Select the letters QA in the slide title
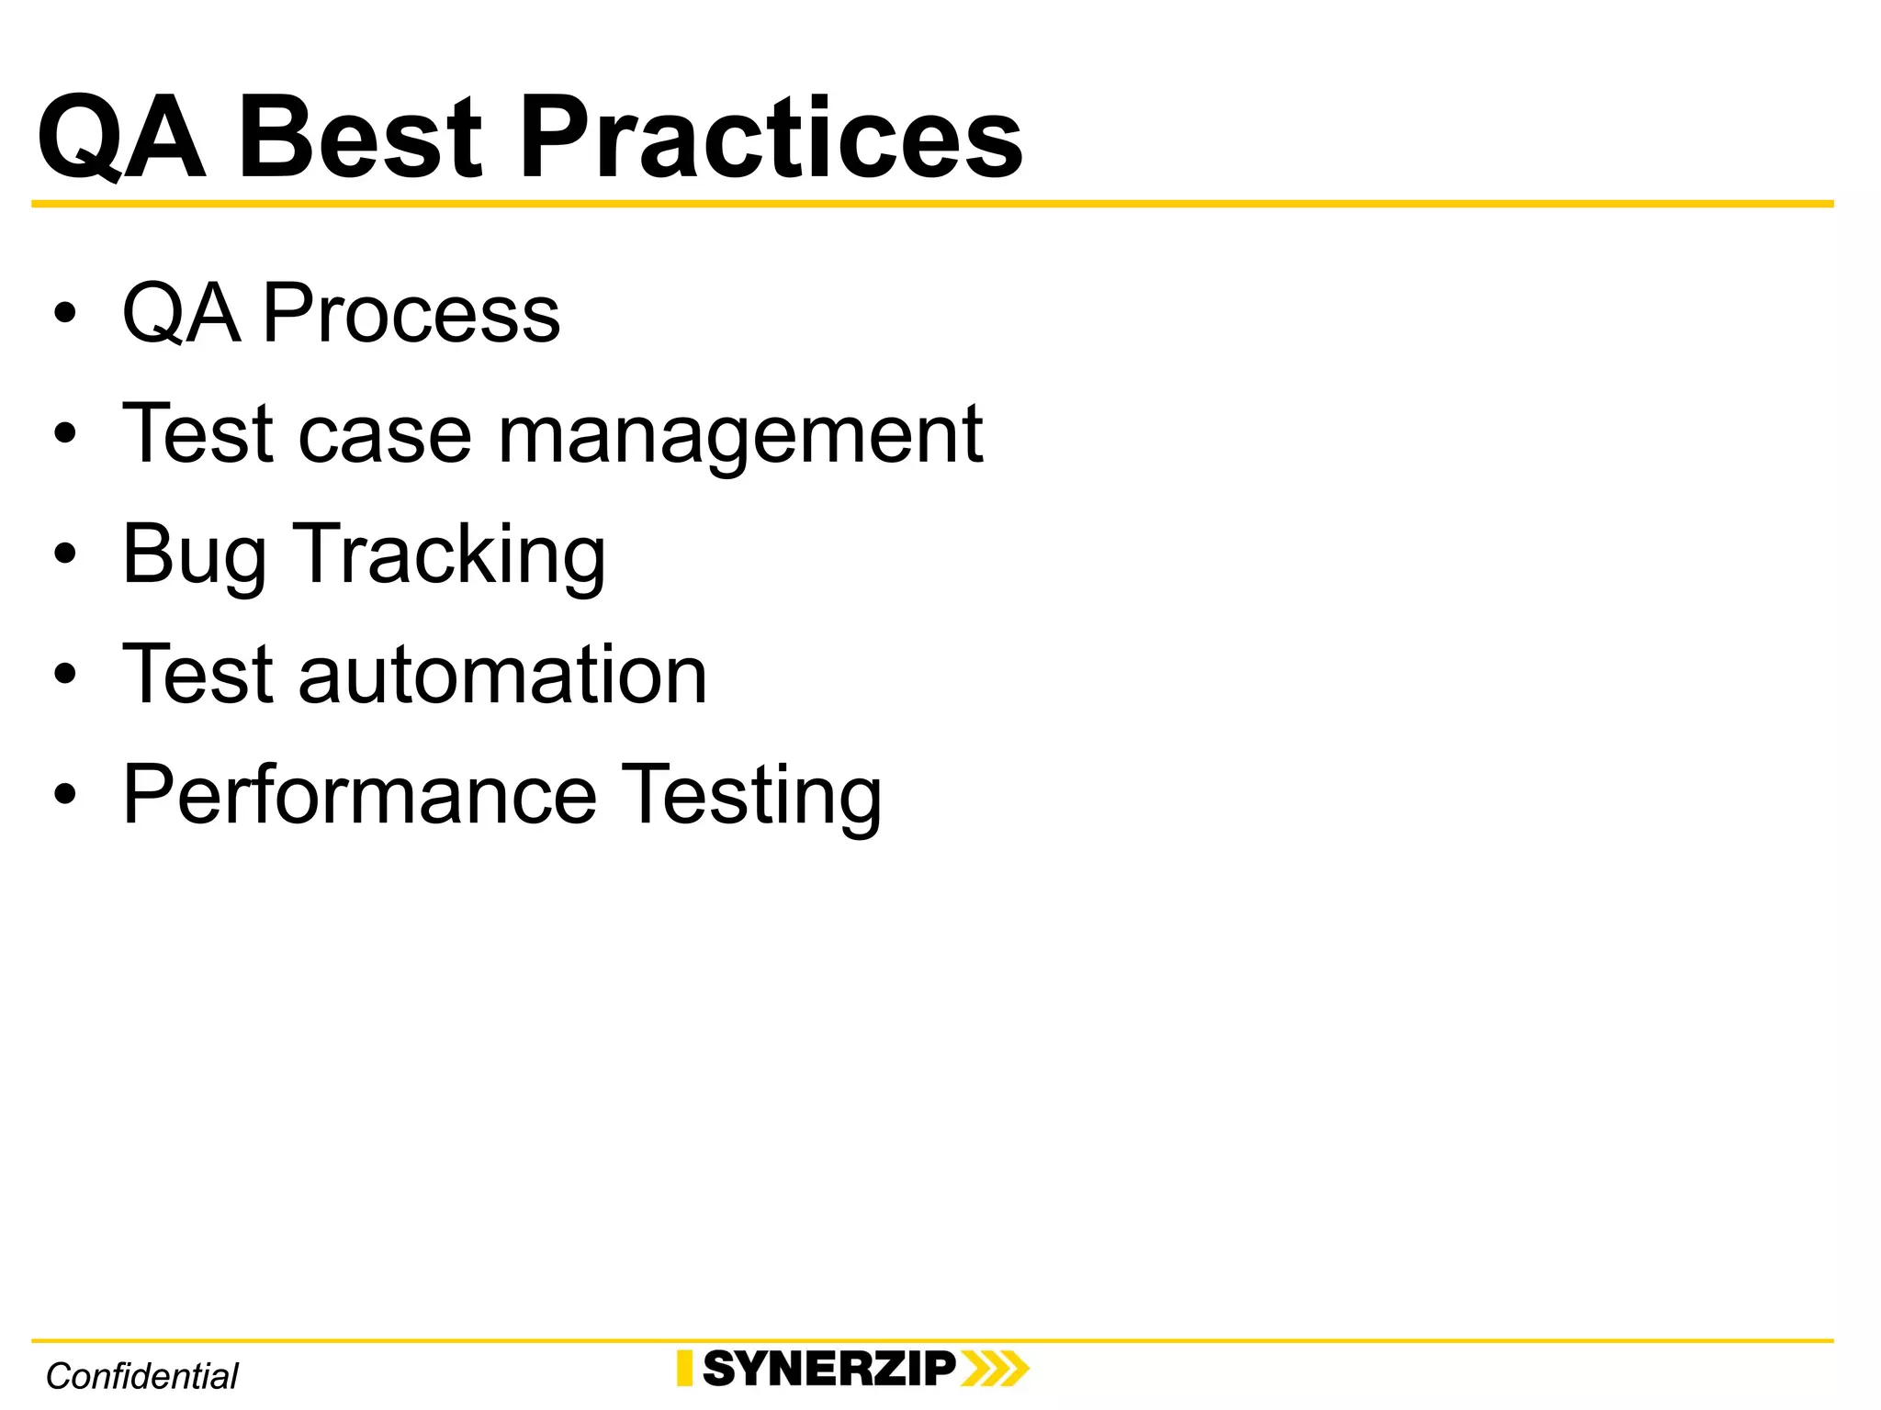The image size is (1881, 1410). pyautogui.click(x=121, y=140)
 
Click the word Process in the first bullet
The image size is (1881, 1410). pyautogui.click(x=411, y=314)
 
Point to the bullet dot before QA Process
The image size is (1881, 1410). pyautogui.click(x=64, y=314)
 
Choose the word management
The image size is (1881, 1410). pyautogui.click(x=740, y=435)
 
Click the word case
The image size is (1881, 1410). pyautogui.click(x=385, y=435)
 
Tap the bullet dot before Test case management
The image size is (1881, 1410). pyautogui.click(x=64, y=433)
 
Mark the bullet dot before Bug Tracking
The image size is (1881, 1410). pyautogui.click(x=64, y=554)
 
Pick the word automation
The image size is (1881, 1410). pyautogui.click(x=502, y=676)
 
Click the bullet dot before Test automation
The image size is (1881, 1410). pyautogui.click(x=64, y=674)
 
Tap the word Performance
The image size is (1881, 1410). pyautogui.click(x=360, y=795)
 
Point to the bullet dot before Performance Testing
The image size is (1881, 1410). pyautogui.click(x=64, y=794)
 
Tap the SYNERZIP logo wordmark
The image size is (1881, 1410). pyautogui.click(x=829, y=1369)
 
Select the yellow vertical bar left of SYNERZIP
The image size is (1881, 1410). pyautogui.click(x=684, y=1369)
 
